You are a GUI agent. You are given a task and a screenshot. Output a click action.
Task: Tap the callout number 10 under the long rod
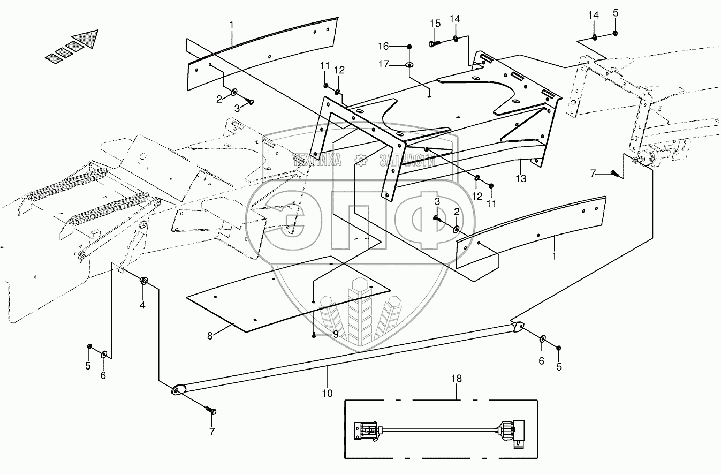[x=328, y=393]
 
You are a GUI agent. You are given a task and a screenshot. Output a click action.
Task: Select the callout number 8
[x=210, y=335]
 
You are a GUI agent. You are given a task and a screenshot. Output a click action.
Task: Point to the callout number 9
[x=336, y=334]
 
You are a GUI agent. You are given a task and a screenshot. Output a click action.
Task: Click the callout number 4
[x=142, y=305]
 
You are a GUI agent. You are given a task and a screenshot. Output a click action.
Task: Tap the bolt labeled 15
[x=434, y=43]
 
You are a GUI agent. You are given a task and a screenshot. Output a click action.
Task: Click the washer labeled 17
[x=409, y=65]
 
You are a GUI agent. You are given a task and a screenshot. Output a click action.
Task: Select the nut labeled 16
[x=409, y=47]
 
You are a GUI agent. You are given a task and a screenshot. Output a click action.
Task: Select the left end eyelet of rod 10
[x=177, y=390]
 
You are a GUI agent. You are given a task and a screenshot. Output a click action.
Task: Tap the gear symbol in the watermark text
[x=361, y=158]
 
